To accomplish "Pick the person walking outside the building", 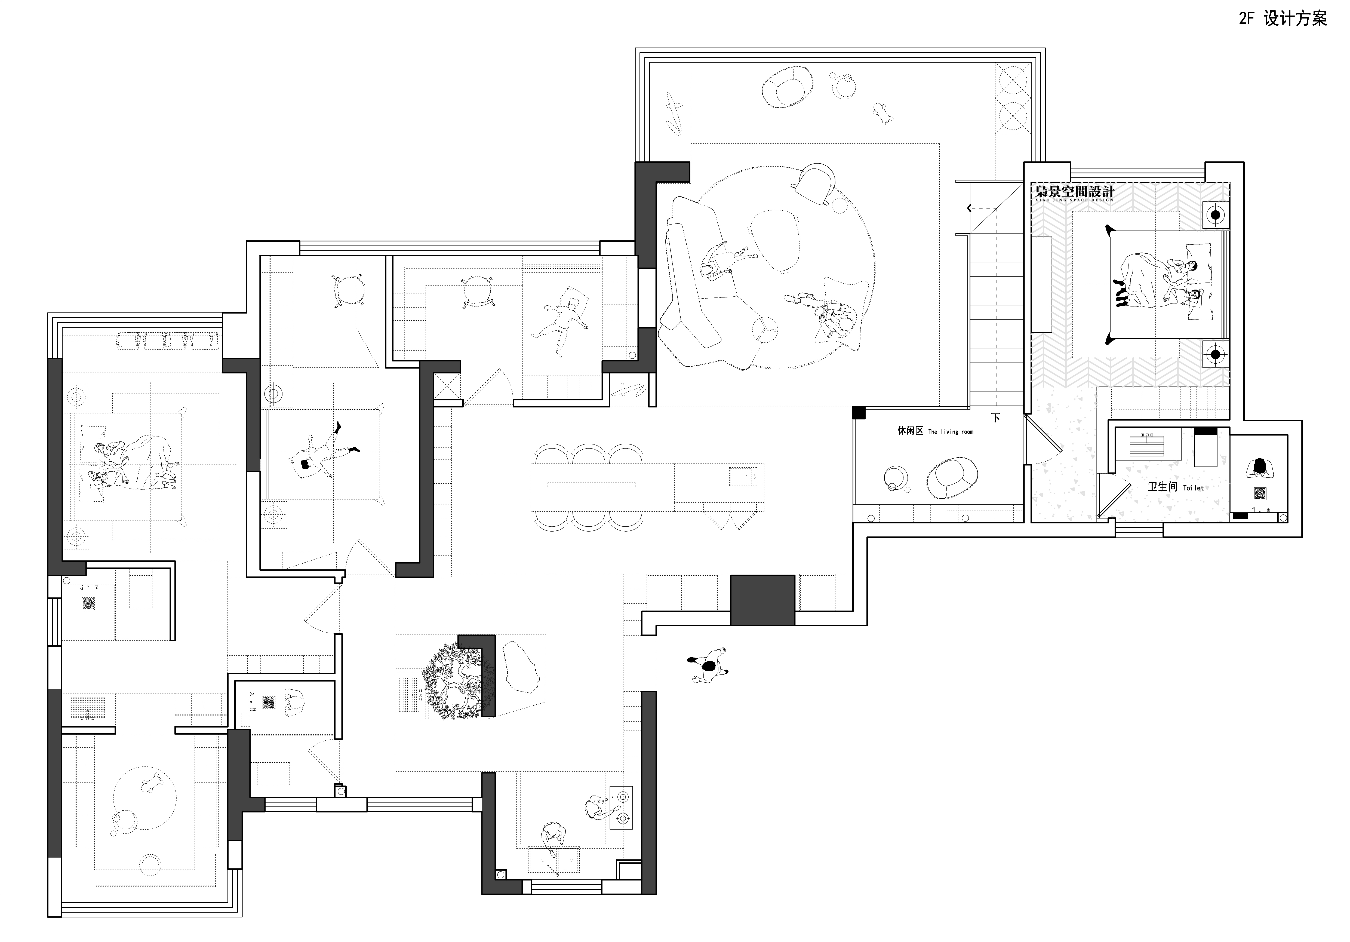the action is coord(709,666).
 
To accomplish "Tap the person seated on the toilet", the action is coord(1259,469).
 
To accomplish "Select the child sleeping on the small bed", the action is coord(560,323).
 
